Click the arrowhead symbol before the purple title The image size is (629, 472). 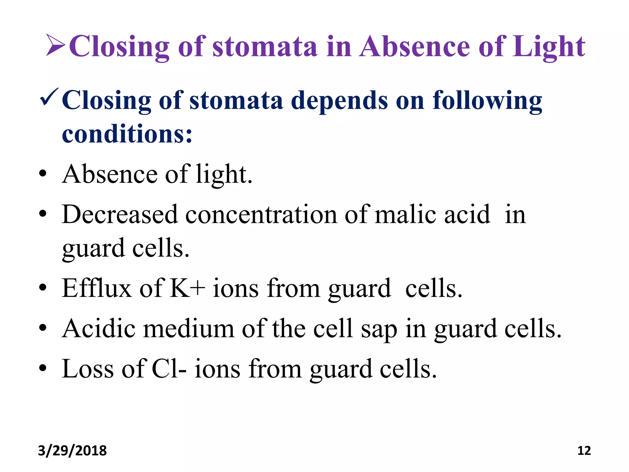tap(55, 46)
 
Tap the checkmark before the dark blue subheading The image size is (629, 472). tap(49, 97)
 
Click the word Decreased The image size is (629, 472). tap(120, 214)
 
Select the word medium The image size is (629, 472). tap(189, 328)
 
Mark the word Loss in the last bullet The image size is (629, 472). tap(88, 368)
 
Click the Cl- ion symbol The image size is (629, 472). tap(169, 368)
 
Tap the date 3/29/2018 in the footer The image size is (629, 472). tap(72, 450)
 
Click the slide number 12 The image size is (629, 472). tap(584, 450)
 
